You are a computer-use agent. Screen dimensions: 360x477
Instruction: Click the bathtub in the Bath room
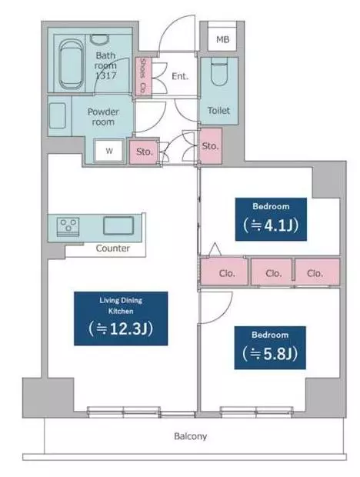point(71,64)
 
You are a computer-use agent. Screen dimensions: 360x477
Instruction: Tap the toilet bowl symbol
point(219,72)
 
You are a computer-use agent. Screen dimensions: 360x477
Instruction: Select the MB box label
point(222,39)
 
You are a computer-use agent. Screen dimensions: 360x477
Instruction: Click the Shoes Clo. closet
point(143,76)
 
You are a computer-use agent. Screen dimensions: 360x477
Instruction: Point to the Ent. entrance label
point(180,75)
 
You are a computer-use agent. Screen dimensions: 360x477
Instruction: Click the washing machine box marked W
point(109,151)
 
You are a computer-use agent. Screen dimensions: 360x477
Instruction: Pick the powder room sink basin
point(57,115)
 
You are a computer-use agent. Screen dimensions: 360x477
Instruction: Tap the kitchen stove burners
point(68,226)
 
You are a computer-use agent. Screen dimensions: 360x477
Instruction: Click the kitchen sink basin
point(118,225)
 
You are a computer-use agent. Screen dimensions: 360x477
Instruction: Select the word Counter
point(113,249)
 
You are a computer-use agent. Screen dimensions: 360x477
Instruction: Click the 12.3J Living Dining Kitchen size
point(121,329)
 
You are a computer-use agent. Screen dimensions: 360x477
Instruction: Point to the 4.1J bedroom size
point(271,225)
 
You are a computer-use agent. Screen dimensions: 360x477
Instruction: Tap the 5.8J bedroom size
point(270,354)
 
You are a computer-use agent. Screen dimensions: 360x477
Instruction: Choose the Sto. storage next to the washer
point(145,152)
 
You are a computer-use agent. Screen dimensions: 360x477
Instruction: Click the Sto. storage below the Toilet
point(210,146)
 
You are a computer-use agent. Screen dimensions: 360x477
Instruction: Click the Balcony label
point(190,436)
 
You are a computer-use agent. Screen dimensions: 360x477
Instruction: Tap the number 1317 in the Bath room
point(106,75)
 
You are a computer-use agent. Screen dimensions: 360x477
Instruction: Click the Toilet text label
point(218,111)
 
